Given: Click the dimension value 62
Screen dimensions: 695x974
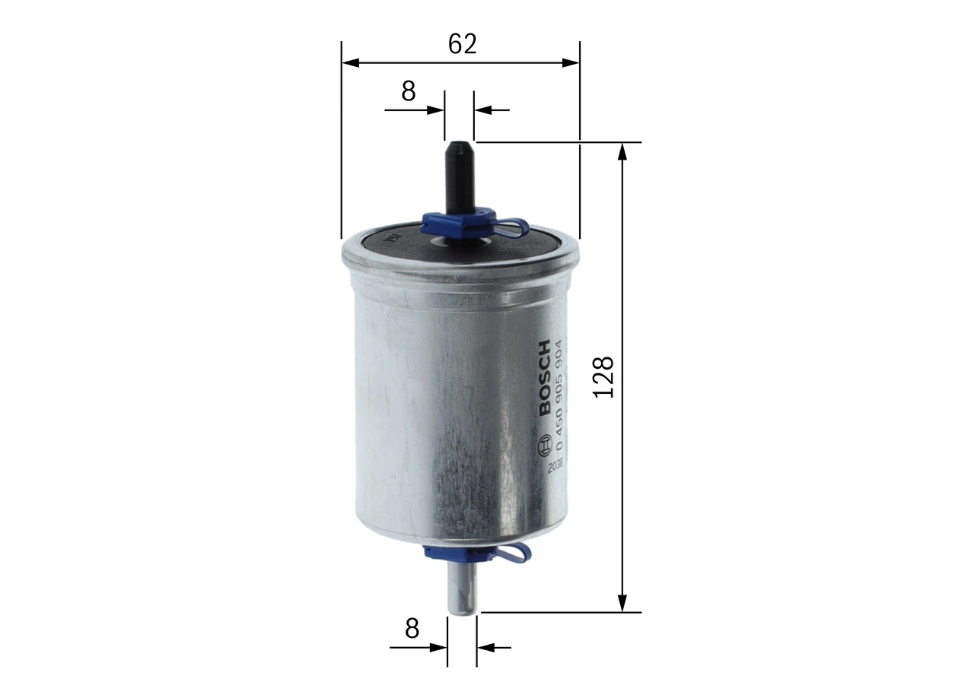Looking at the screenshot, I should point(462,44).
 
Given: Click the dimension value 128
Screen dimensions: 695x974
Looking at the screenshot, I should point(603,376).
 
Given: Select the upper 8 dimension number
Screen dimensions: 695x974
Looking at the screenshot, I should point(409,91).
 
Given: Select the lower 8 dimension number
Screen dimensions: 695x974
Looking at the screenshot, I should point(412,628).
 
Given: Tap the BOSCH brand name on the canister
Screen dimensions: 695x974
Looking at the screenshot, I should point(545,378).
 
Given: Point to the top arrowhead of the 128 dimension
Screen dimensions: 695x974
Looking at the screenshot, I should point(622,151).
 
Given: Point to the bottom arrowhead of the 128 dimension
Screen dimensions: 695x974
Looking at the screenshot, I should point(622,603).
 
